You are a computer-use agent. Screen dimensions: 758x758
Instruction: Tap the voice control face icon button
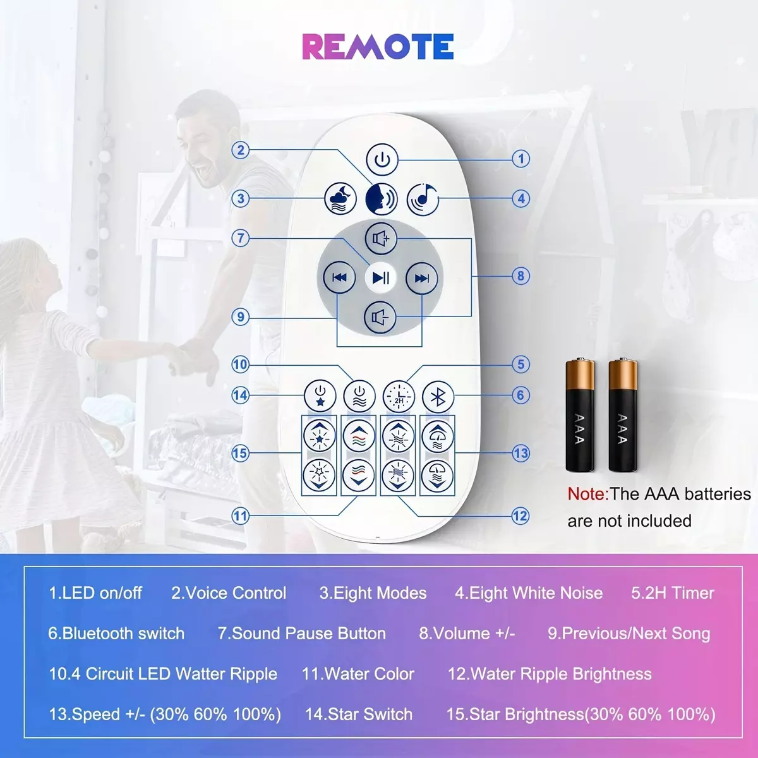click(381, 199)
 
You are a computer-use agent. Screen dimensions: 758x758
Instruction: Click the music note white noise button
click(423, 199)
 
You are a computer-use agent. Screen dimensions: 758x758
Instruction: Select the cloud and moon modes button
click(340, 198)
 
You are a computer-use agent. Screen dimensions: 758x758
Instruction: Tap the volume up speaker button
click(381, 238)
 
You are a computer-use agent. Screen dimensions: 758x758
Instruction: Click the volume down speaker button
click(380, 317)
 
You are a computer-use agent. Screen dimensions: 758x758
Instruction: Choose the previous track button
click(339, 278)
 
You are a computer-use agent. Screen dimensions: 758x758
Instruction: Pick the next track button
click(422, 279)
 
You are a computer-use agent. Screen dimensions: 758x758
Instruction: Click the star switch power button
click(320, 395)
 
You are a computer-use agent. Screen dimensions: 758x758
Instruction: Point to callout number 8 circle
click(520, 276)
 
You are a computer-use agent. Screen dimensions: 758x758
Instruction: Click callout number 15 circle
click(240, 453)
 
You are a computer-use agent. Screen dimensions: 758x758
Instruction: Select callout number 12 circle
click(520, 515)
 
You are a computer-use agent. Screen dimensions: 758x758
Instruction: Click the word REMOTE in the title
click(378, 47)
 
